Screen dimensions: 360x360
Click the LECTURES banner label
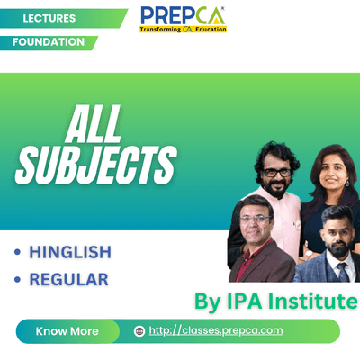click(49, 18)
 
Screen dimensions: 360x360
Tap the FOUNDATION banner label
click(49, 42)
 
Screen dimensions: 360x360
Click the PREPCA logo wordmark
click(183, 16)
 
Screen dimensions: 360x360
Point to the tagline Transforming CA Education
click(183, 30)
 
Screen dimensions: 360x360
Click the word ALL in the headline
click(94, 124)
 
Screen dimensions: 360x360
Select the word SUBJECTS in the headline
click(96, 166)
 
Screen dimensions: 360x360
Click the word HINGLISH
click(70, 252)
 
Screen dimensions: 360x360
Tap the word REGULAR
click(69, 280)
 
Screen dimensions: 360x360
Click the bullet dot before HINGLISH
click(17, 252)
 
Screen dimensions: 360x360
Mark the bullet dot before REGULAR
click(17, 280)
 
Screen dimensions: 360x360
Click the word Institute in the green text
click(312, 301)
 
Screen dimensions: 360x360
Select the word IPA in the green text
click(244, 301)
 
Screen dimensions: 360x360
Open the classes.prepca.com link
click(216, 330)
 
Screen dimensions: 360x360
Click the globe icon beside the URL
click(139, 331)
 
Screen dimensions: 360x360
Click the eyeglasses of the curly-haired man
click(277, 173)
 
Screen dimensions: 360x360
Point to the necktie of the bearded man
click(343, 272)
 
